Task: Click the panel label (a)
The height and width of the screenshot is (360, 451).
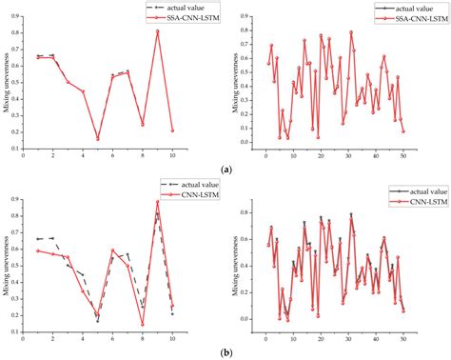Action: pos(225,170)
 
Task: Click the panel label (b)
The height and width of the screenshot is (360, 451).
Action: pos(225,351)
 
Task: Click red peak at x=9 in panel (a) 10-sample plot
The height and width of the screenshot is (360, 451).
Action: pos(157,31)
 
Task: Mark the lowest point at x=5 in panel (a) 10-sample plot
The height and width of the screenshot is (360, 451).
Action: pos(97,139)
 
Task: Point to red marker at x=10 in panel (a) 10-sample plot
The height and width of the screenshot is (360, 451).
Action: pos(172,130)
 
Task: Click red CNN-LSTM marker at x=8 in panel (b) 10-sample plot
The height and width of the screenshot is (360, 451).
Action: pos(143,324)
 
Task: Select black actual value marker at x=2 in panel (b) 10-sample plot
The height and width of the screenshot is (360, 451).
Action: pos(52,238)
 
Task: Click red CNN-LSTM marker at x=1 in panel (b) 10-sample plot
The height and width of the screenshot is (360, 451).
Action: pos(38,250)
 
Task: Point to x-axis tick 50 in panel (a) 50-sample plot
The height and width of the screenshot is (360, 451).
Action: pos(403,157)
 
